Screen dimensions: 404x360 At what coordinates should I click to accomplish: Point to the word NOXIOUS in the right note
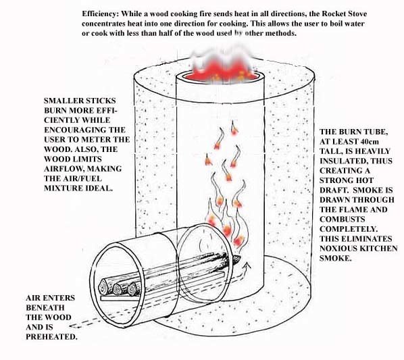coord(336,249)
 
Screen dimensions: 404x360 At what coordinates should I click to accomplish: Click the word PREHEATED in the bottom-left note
coord(51,337)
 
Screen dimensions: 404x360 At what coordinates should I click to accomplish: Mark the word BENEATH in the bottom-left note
coord(45,308)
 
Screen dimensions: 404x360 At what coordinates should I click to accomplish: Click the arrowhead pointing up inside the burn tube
coord(248,265)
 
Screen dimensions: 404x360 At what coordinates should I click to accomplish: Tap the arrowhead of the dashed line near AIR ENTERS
coord(74,326)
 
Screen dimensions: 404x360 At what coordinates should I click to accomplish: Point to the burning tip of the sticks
coord(236,259)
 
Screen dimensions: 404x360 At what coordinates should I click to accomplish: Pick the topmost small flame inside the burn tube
coord(234,128)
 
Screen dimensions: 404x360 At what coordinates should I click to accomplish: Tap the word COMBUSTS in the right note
coord(343,220)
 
